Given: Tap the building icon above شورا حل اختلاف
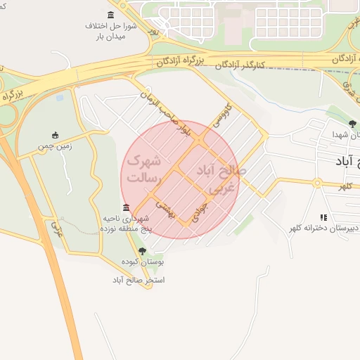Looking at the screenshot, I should [x=111, y=15].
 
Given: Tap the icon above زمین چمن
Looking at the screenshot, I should [x=56, y=135].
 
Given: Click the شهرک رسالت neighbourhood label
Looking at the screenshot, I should [x=143, y=169].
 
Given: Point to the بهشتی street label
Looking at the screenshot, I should [x=164, y=207].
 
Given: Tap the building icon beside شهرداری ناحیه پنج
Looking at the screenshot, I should [x=126, y=207].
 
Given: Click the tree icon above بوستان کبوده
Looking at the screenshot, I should [x=143, y=250].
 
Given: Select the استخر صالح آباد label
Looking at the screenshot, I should [x=139, y=280].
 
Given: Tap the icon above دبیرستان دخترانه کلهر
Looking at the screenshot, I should [x=323, y=217].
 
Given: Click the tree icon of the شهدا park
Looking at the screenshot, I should [x=352, y=124].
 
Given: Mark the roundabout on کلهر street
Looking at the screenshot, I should [x=318, y=183].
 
